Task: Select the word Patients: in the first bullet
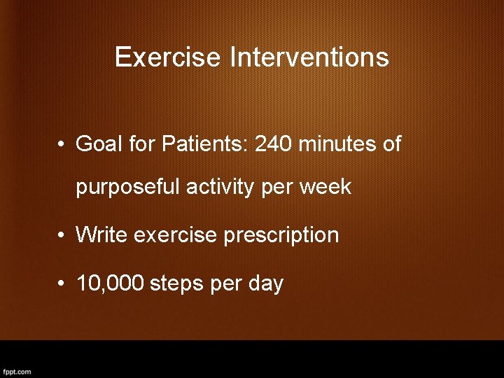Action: coord(205,144)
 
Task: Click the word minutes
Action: coord(338,144)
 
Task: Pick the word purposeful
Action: coord(128,188)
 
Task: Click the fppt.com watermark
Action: coord(17,372)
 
